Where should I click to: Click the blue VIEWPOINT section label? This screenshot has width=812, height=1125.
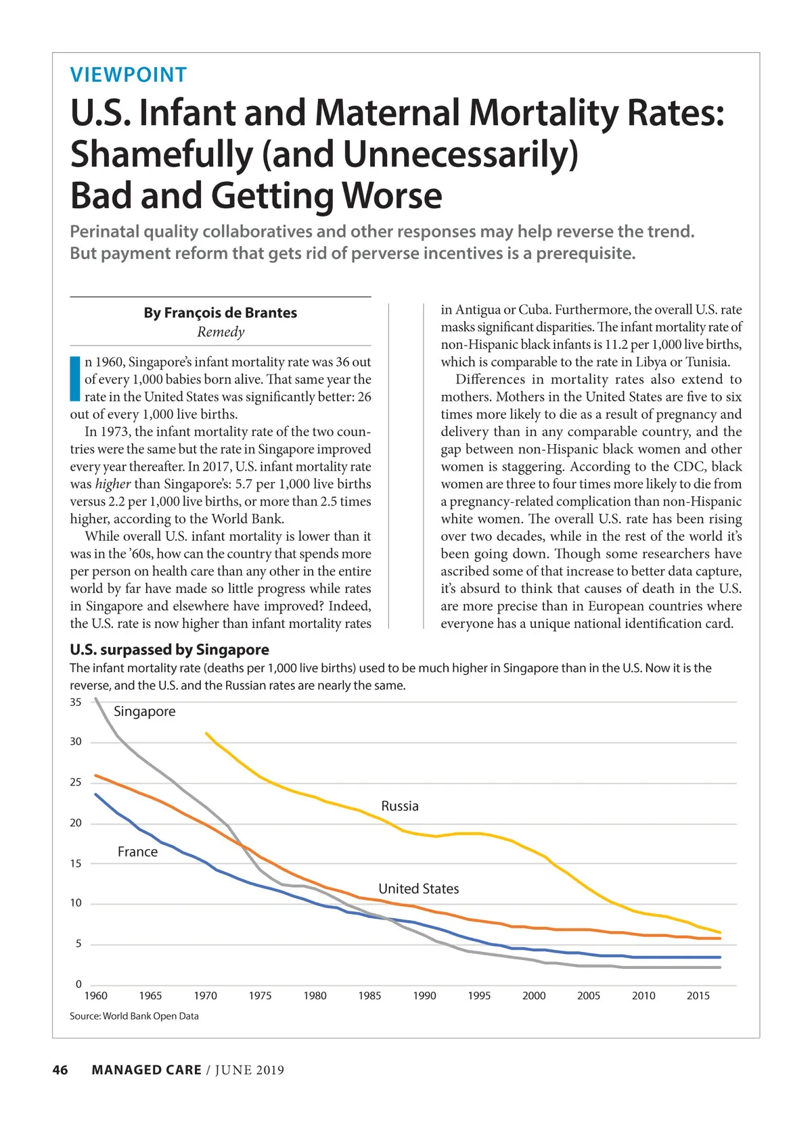(x=129, y=75)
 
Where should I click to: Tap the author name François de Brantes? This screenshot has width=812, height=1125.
(x=221, y=313)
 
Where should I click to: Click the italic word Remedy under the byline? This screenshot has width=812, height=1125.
(x=221, y=332)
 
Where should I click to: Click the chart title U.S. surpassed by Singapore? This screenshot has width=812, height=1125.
(x=169, y=650)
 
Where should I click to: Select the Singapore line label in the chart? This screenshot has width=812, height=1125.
(x=145, y=711)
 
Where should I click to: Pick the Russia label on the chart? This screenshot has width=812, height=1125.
(x=400, y=806)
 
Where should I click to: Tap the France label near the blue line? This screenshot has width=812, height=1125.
(x=137, y=852)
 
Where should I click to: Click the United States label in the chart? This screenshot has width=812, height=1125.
(x=418, y=889)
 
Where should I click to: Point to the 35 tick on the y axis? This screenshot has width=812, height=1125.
(x=76, y=702)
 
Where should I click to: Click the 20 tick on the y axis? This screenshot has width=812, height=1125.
(x=76, y=823)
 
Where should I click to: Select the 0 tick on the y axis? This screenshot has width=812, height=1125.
(x=78, y=984)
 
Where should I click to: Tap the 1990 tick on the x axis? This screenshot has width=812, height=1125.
(x=424, y=996)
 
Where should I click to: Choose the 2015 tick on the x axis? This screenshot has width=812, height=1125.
(x=698, y=996)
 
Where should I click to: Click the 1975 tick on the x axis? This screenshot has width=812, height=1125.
(x=260, y=996)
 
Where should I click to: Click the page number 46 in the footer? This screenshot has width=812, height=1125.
(x=60, y=1070)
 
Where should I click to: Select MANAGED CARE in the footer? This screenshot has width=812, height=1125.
(x=146, y=1070)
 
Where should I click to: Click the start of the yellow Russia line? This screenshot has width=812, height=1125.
(x=206, y=734)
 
